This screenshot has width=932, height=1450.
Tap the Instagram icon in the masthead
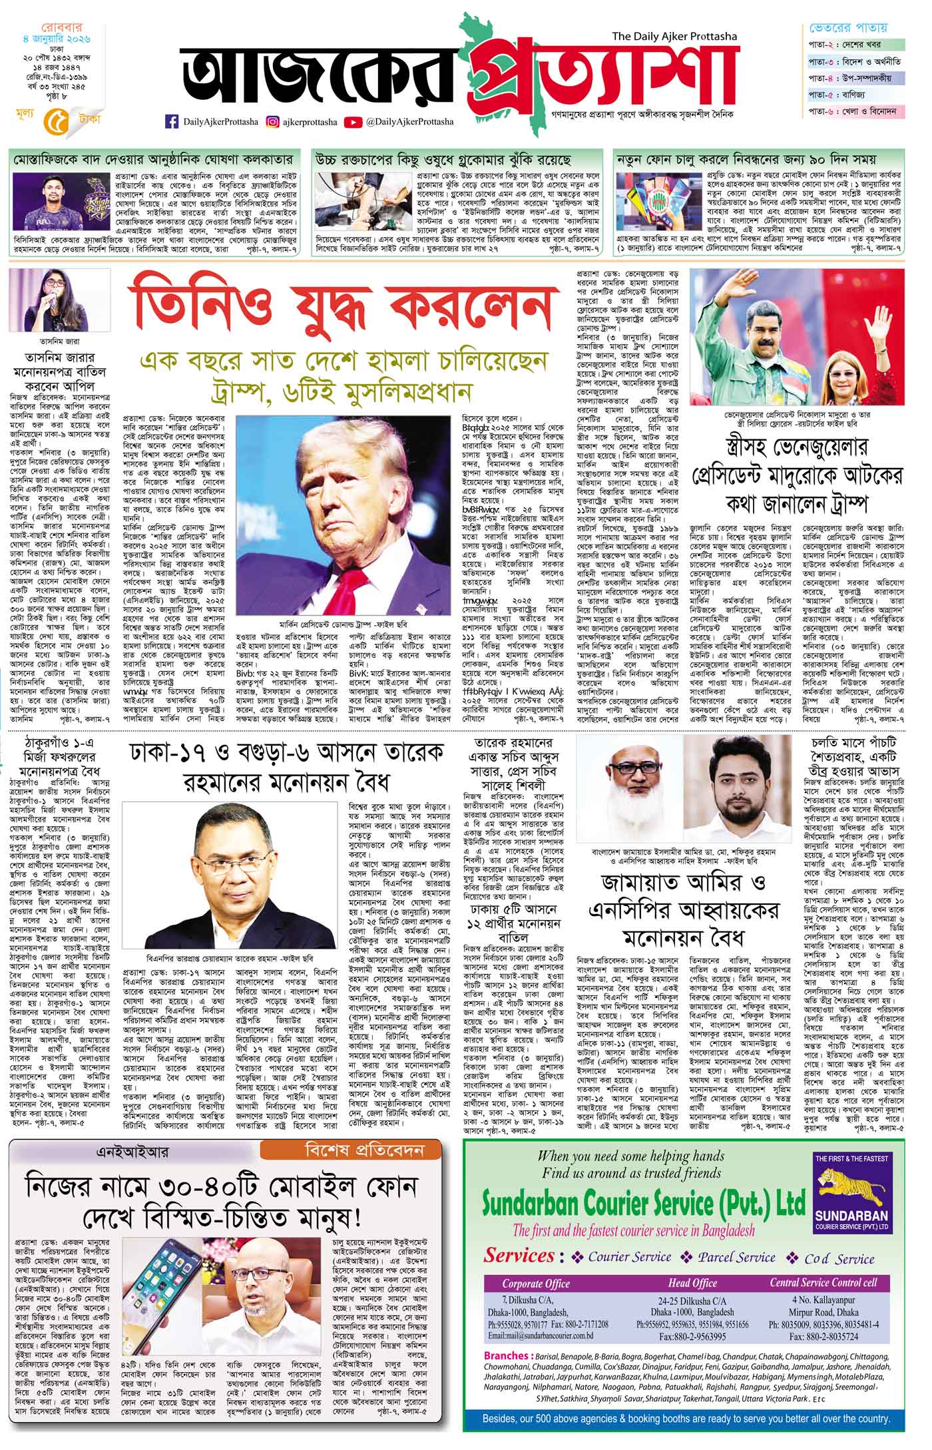[273, 121]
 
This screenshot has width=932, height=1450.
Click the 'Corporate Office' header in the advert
[536, 1283]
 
